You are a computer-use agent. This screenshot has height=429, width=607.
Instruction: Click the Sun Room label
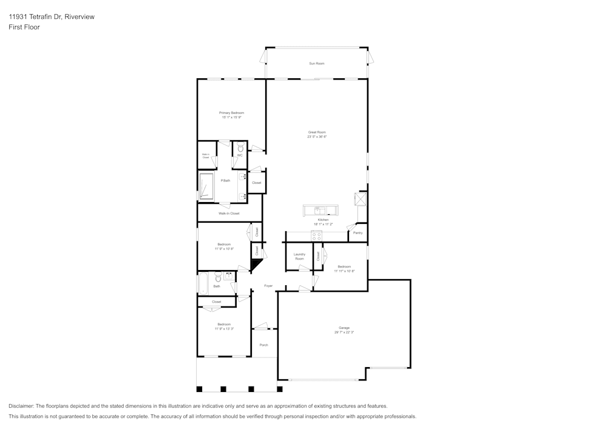316,64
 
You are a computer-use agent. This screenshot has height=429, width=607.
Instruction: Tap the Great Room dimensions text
316,137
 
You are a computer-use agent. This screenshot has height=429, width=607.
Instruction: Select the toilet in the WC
240,147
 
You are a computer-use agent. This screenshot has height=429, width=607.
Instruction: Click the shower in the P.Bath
207,186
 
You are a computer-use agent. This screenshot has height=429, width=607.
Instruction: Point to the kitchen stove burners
316,237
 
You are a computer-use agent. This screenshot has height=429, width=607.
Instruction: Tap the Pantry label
358,232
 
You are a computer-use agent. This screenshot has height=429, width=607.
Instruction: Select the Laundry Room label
299,257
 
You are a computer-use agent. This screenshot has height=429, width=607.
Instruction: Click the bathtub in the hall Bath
203,283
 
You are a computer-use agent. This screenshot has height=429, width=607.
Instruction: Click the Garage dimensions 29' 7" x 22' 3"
344,333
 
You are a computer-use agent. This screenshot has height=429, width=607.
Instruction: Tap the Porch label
263,345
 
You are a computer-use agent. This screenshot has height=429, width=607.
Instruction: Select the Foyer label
268,286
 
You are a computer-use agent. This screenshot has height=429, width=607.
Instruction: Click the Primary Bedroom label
231,113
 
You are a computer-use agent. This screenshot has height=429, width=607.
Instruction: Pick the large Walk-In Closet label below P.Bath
229,214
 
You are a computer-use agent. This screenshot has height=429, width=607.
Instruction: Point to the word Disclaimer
21,406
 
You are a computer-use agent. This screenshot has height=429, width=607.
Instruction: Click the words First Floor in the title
24,27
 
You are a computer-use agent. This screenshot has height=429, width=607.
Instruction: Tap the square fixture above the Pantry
361,198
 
